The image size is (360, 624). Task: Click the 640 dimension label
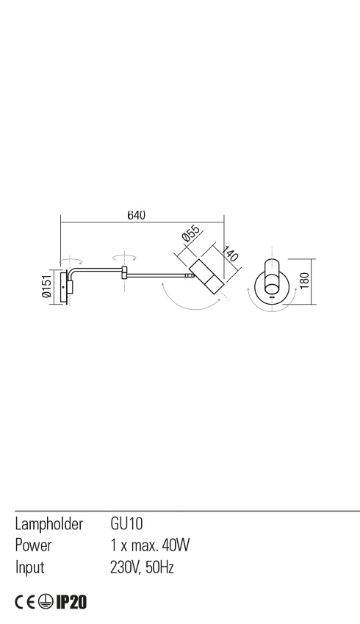click(136, 215)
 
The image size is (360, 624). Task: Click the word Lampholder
click(48, 524)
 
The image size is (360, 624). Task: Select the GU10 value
click(126, 524)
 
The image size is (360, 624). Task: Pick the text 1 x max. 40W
click(150, 545)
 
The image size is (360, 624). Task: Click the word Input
click(30, 567)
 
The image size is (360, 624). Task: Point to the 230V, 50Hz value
click(142, 567)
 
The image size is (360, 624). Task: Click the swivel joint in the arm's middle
click(125, 275)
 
